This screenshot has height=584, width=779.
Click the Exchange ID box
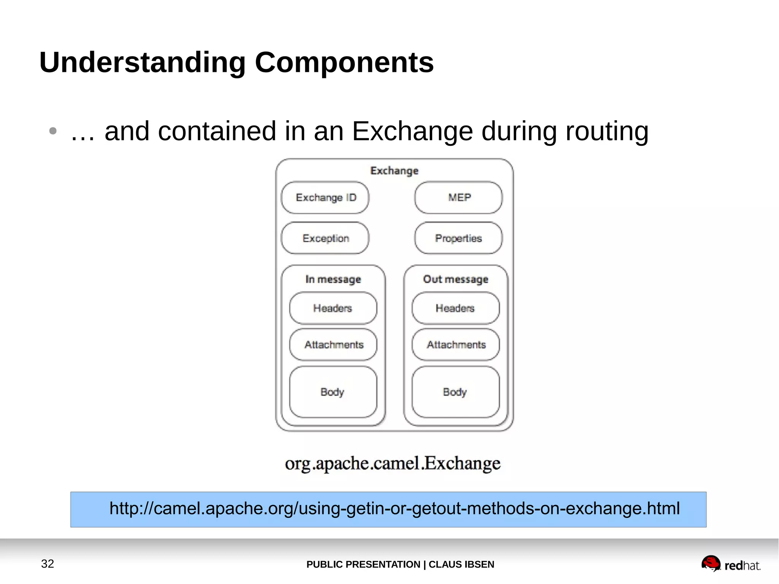tap(325, 197)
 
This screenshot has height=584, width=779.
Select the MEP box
tap(458, 197)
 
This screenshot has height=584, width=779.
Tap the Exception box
tap(325, 238)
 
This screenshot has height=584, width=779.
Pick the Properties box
tap(458, 238)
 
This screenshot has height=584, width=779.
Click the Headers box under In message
tap(333, 308)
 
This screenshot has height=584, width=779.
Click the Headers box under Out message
tap(455, 308)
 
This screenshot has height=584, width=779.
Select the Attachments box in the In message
tap(333, 345)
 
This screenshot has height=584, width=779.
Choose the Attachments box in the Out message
tap(456, 345)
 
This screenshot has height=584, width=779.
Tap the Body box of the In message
tap(333, 392)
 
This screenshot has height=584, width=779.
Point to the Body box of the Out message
tap(455, 392)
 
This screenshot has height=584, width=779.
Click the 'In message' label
tap(333, 279)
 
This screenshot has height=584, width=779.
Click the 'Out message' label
tap(455, 279)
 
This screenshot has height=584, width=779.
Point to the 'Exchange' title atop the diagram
tap(394, 171)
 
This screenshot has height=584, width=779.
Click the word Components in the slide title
tap(344, 62)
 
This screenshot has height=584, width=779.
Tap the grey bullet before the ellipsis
tap(53, 131)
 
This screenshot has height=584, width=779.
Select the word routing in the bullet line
tap(607, 131)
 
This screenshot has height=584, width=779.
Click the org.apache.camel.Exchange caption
tap(393, 463)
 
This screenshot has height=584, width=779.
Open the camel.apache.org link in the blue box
tap(394, 509)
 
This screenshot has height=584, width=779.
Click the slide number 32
tap(48, 563)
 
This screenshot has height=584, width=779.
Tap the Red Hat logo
tap(730, 564)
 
